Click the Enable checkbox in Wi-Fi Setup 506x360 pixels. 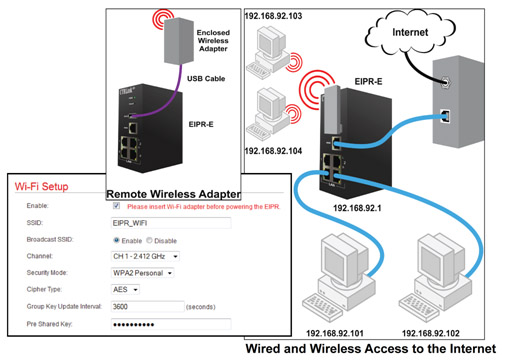(117, 205)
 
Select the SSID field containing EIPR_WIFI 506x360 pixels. (170, 222)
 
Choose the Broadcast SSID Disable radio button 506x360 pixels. (150, 240)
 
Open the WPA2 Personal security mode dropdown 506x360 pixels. (145, 272)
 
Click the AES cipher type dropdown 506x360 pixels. (126, 289)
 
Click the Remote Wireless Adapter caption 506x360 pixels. (172, 192)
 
